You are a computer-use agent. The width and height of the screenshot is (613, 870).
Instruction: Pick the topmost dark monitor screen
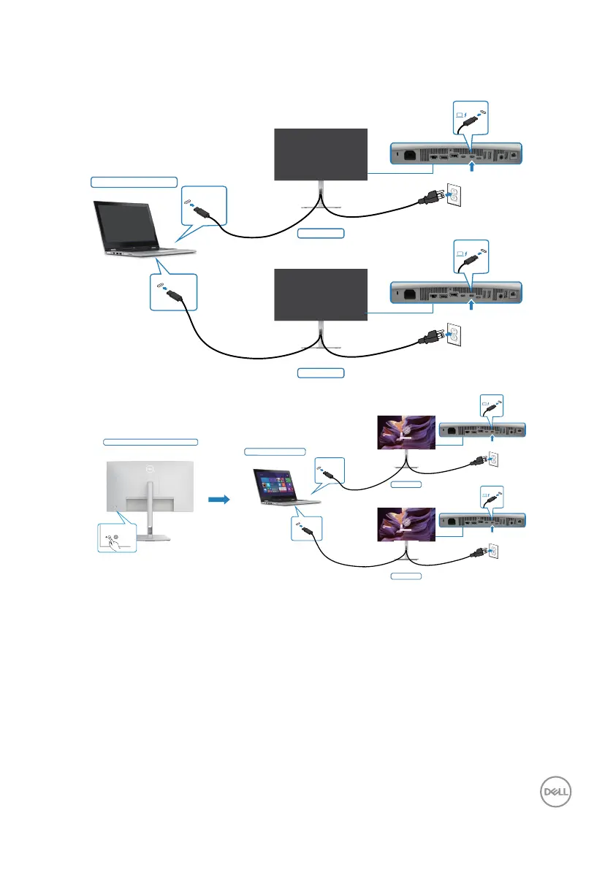tap(321, 153)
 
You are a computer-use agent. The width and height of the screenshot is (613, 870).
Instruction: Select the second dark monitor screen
tap(321, 294)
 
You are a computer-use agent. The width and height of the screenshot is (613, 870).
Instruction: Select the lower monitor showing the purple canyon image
tap(403, 522)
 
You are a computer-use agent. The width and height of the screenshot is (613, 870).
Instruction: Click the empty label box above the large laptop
tap(134, 180)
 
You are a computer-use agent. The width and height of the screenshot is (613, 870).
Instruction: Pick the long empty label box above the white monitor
tap(151, 442)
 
